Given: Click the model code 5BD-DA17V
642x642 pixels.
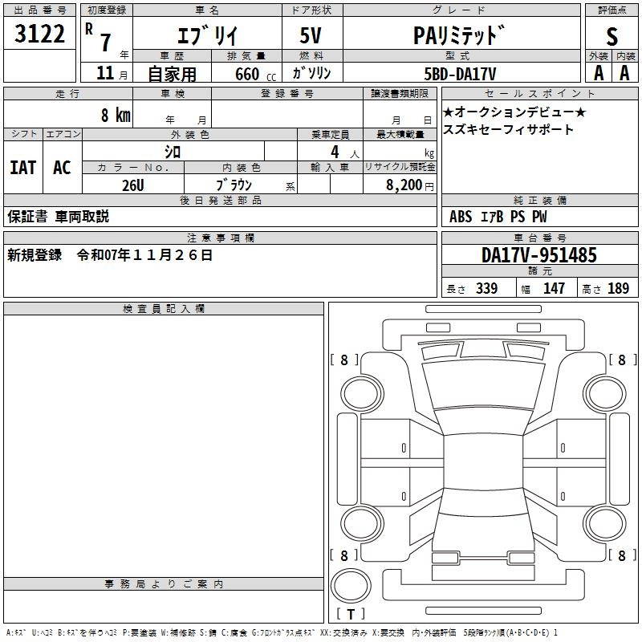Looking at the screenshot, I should (460, 73).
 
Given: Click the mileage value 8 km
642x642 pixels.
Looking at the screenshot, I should (116, 115).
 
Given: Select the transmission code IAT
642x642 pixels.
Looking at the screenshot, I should (22, 168).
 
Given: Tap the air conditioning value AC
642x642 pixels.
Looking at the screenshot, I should (62, 168).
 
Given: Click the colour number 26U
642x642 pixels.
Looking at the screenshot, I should (132, 185).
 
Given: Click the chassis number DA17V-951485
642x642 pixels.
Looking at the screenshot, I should (539, 256).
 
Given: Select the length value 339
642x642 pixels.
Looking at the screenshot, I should (486, 289).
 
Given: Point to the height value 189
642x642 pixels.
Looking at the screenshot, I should (618, 289).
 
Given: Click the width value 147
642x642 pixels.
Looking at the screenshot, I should (554, 289).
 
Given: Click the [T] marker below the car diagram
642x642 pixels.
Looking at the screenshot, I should (351, 615).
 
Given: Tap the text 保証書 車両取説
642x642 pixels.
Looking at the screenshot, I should (58, 217).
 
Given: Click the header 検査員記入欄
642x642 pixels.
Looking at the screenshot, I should (164, 309).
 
